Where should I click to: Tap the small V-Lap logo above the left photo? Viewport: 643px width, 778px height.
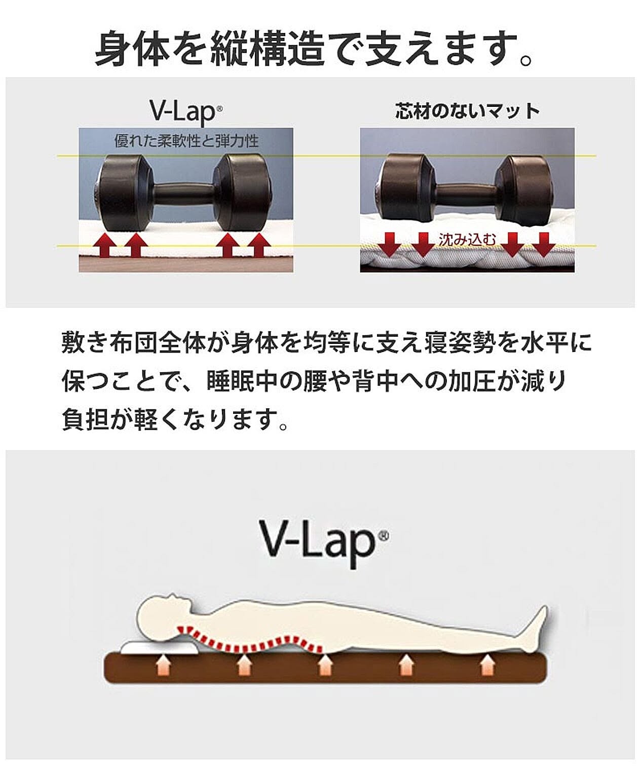tap(186, 112)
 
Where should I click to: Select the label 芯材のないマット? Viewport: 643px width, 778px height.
tap(468, 111)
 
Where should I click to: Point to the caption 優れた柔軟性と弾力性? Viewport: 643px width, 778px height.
tap(186, 141)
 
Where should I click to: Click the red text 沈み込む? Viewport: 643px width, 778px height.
tap(468, 240)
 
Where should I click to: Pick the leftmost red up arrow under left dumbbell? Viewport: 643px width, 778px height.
tap(104, 245)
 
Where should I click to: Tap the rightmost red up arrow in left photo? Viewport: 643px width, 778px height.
tap(259, 245)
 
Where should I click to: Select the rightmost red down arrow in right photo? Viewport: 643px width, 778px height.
tap(544, 245)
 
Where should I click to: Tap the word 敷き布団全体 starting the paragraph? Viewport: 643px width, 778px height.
tap(134, 342)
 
